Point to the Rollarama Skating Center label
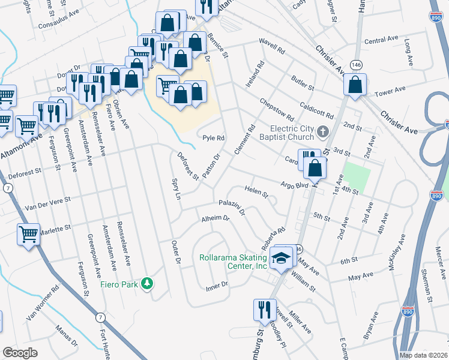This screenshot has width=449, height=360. (233, 262)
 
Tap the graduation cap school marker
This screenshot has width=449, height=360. (280, 256)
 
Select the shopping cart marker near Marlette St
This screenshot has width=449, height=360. (28, 234)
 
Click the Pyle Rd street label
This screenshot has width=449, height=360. (213, 137)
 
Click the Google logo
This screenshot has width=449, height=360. (20, 353)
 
